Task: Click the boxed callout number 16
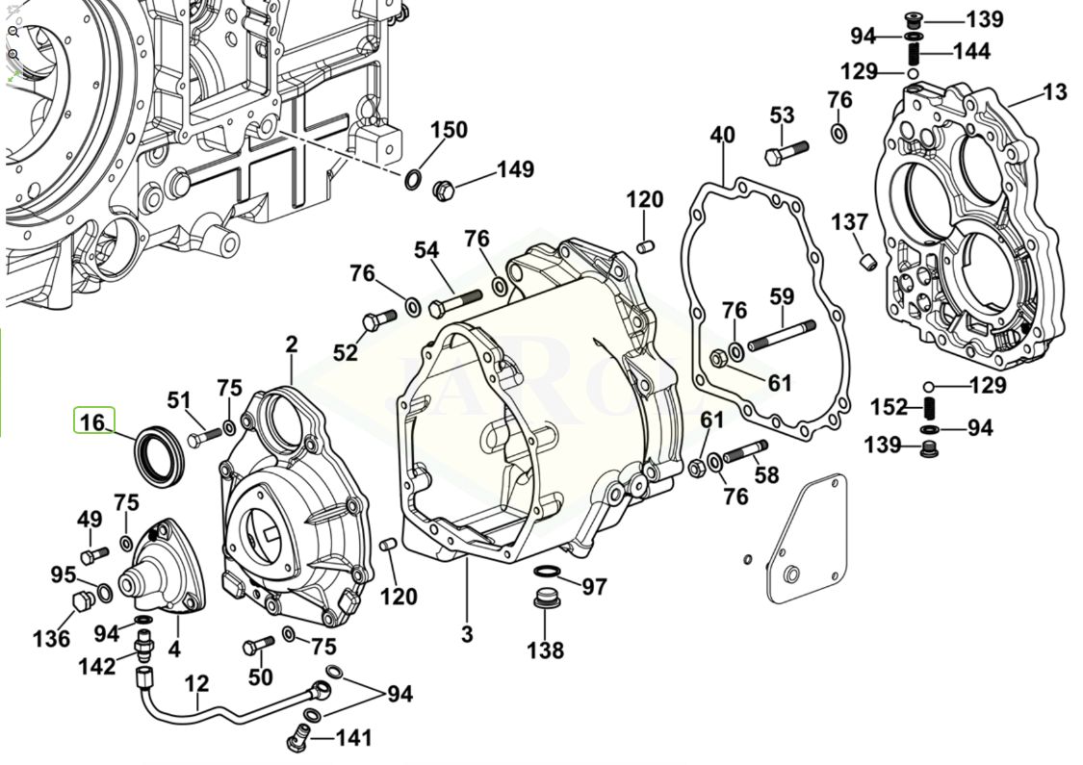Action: click(94, 421)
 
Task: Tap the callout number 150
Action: click(448, 130)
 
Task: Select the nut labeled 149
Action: click(444, 188)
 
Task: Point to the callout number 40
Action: click(722, 135)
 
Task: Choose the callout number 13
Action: click(1055, 92)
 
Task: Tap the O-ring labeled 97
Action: click(545, 574)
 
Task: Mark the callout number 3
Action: click(467, 635)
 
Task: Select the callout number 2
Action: click(291, 344)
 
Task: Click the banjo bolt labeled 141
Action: click(298, 741)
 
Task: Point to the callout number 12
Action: click(196, 683)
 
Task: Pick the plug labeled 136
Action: click(83, 603)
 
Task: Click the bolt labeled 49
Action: click(90, 555)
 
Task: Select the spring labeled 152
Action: click(929, 407)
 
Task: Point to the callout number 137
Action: click(850, 222)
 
